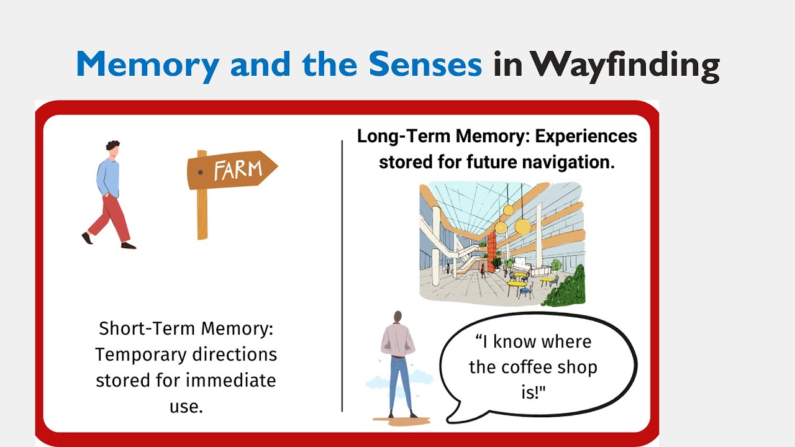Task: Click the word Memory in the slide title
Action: tap(147, 64)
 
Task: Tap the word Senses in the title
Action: tap(425, 64)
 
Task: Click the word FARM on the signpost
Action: tap(238, 169)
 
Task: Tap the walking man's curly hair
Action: tap(112, 147)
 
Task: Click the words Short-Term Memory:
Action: tap(186, 328)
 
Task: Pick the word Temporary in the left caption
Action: tap(142, 354)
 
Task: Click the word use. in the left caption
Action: tap(186, 406)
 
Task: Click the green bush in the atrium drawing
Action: tap(567, 289)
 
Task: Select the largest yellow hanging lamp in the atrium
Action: tap(523, 226)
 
